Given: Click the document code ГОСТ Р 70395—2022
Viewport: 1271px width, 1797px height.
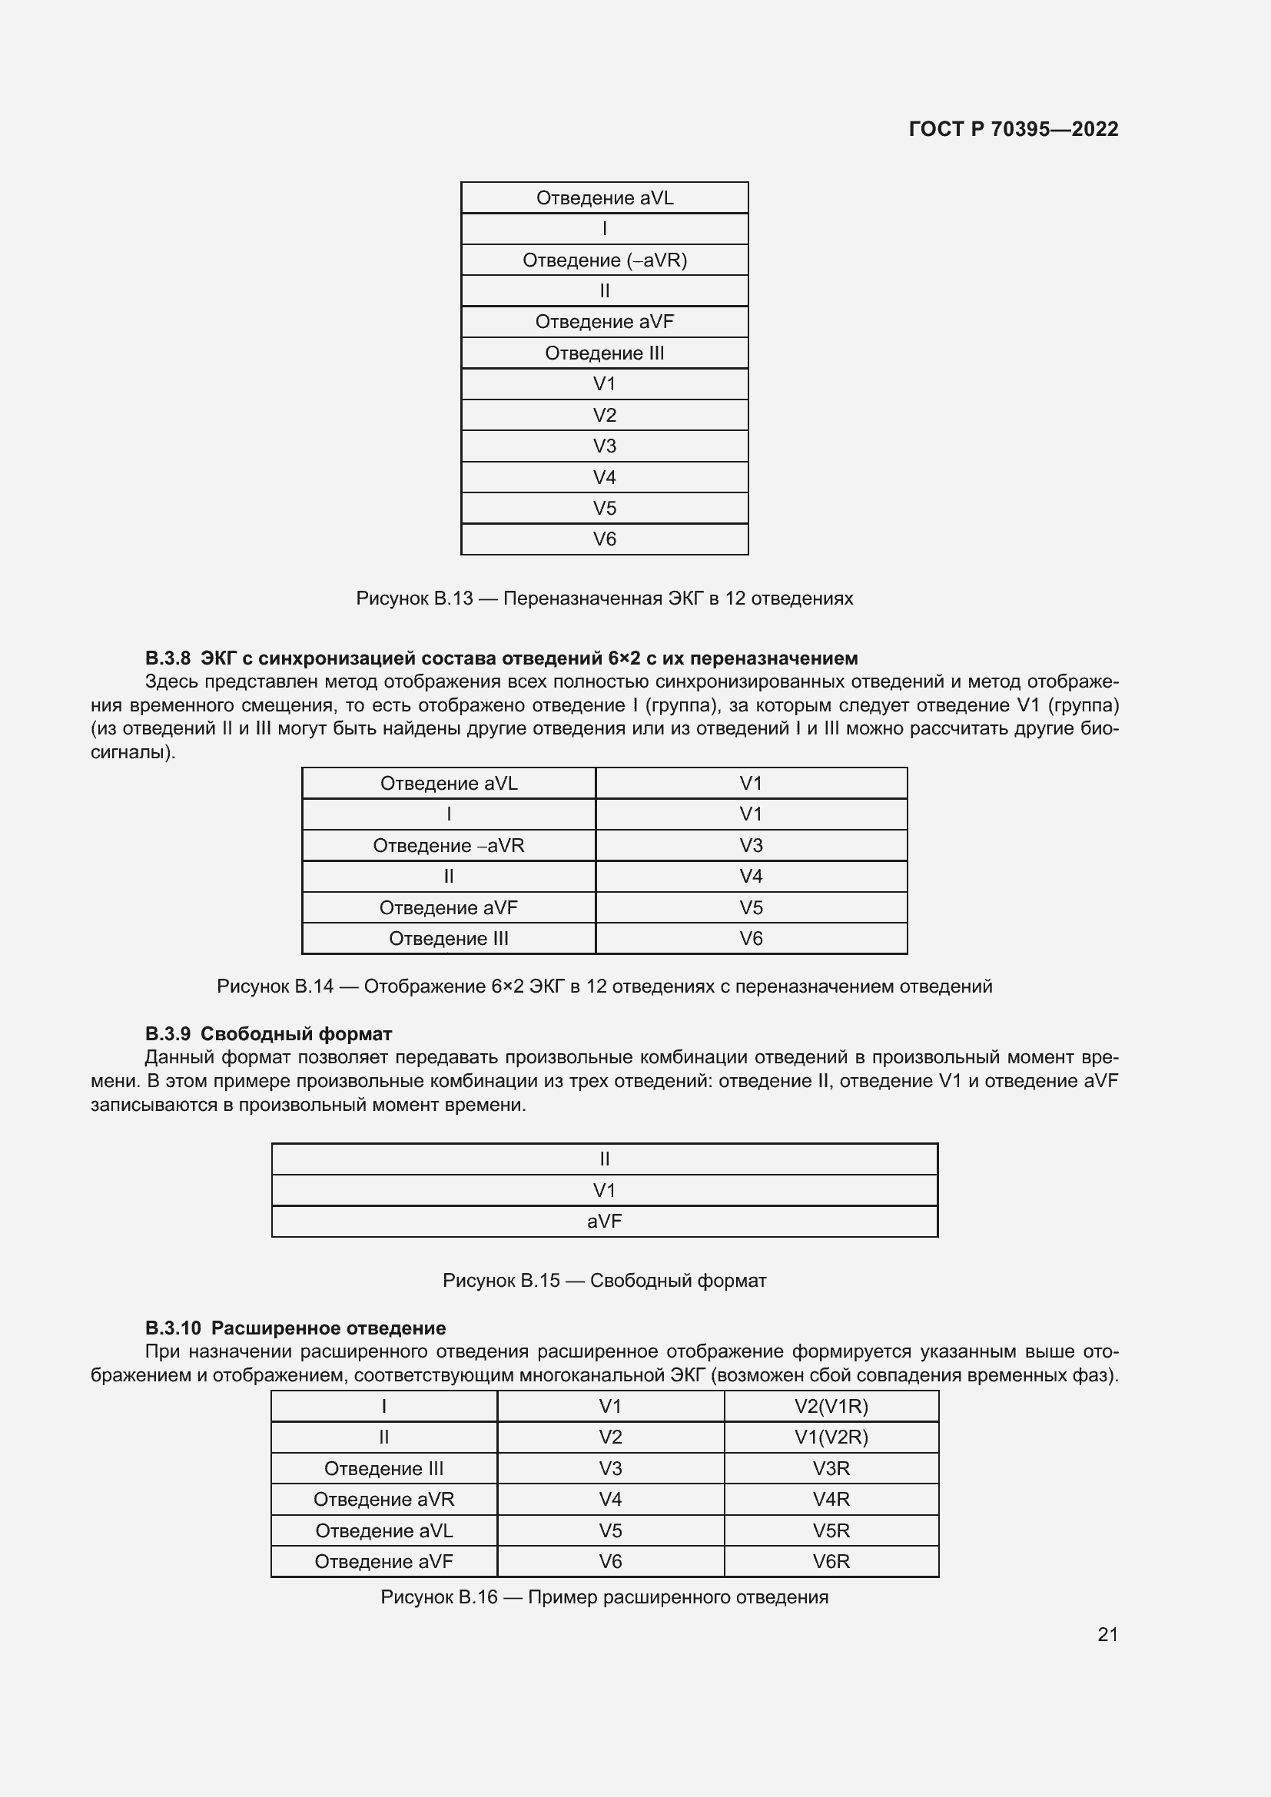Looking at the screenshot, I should [1013, 129].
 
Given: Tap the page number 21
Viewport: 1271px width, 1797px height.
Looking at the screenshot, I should [1107, 1634].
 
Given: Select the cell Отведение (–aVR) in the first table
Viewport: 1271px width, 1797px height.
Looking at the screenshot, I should [604, 260].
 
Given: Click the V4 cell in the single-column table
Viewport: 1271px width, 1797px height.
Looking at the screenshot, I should [604, 476].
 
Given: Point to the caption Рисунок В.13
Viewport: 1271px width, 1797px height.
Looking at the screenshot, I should [603, 598].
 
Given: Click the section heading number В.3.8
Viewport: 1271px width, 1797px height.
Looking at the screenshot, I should [168, 658].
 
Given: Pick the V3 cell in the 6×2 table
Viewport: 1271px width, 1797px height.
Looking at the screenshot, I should [751, 845].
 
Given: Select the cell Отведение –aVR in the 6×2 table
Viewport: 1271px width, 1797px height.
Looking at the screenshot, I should [449, 845].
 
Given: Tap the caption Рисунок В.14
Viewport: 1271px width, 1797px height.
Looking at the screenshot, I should [603, 986].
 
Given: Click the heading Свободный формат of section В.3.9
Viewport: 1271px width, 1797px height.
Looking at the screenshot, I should [301, 1034].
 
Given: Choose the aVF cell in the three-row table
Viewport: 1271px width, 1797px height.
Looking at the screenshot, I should [604, 1221].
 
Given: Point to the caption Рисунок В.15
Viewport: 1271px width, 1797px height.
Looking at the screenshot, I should [603, 1281].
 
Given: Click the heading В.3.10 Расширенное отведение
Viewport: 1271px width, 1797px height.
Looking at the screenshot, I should [295, 1328].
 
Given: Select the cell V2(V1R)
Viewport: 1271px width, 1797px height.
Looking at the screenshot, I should [831, 1407].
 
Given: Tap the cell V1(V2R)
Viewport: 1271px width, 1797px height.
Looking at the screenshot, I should [831, 1437].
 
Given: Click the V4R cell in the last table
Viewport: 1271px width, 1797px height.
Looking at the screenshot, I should [831, 1499].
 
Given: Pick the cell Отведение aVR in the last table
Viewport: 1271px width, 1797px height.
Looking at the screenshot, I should [383, 1499].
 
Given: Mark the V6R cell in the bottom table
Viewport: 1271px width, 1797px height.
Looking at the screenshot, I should [831, 1561].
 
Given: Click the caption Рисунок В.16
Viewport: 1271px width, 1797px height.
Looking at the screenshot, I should [603, 1596].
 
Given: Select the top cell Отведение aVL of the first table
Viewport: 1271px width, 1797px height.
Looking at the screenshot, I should [604, 198].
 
